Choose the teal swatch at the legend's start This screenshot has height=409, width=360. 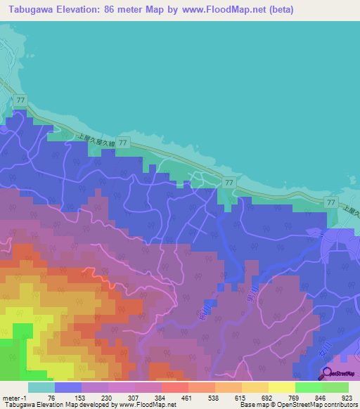coord(41,387)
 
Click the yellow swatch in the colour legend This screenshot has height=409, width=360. coord(281,387)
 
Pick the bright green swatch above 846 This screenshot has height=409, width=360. coord(308,387)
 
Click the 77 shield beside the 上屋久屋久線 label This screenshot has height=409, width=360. coord(123,143)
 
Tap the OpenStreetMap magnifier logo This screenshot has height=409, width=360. coord(328,373)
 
